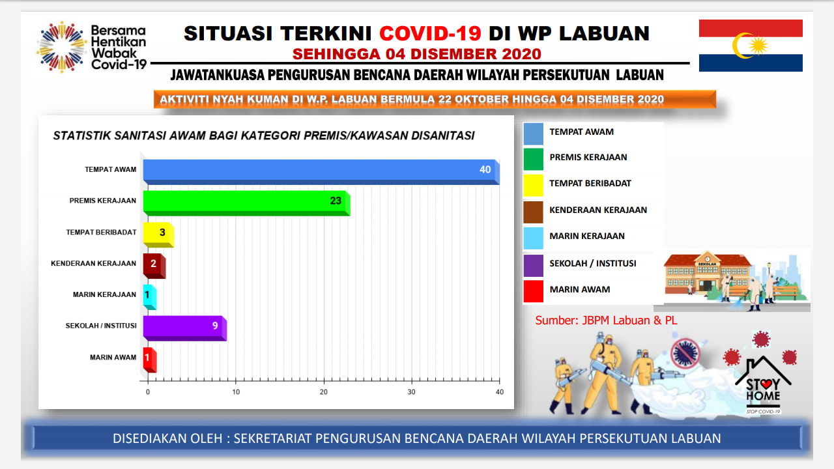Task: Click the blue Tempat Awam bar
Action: click(321, 172)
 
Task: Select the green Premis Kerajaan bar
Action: click(246, 203)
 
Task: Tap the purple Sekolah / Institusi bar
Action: click(185, 328)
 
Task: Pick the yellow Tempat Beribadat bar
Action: click(158, 234)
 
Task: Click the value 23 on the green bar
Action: click(336, 201)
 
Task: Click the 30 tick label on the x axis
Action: click(411, 392)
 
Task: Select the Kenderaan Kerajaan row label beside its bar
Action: click(93, 264)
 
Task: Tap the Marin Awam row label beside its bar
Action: click(113, 358)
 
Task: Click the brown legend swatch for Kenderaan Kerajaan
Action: click(533, 212)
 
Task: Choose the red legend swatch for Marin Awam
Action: click(533, 291)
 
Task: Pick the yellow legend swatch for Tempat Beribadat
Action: click(533, 185)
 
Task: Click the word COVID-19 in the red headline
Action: click(431, 33)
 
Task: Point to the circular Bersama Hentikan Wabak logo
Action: click(61, 47)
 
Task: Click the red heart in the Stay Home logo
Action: click(766, 384)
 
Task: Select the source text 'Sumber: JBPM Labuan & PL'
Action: click(606, 320)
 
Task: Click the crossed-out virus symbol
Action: click(685, 353)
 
